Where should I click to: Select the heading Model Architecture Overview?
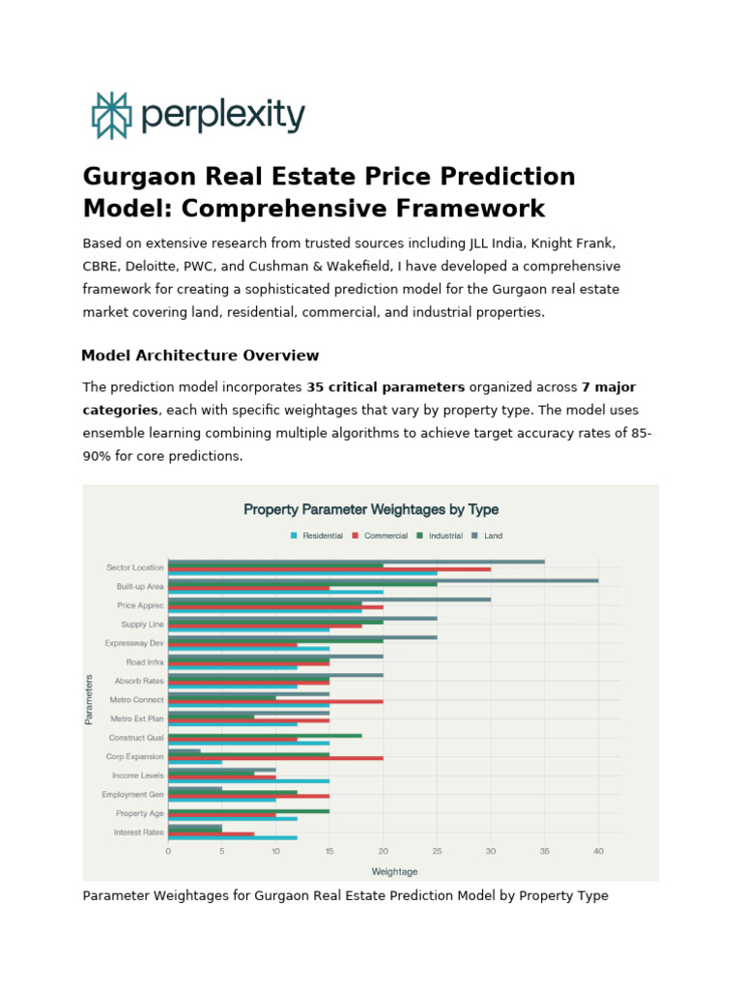point(200,355)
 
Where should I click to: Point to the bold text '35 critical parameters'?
point(385,387)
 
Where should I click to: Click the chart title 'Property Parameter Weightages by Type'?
point(371,509)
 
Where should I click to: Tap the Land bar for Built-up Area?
point(383,580)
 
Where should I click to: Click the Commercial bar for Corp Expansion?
point(275,757)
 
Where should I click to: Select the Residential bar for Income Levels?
point(248,780)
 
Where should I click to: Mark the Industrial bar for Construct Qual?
point(265,735)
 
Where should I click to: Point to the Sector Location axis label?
point(134,567)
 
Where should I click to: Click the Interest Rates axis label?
point(138,832)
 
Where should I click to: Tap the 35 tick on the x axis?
point(545,851)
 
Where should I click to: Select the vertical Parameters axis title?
point(89,698)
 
